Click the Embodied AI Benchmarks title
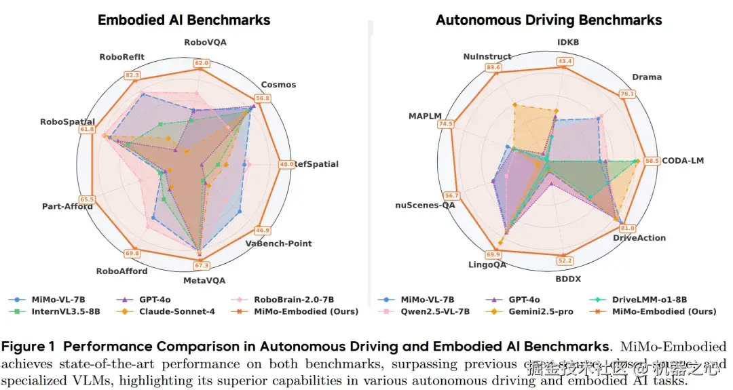click(x=184, y=20)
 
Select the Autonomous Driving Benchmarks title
click(x=548, y=20)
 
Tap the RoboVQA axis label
click(x=205, y=42)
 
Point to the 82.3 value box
click(x=132, y=75)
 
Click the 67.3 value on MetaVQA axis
click(x=202, y=265)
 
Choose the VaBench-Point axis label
click(x=278, y=243)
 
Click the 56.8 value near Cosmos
click(x=263, y=98)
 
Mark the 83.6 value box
click(x=493, y=67)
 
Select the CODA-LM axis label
click(x=683, y=161)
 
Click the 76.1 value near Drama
click(x=626, y=94)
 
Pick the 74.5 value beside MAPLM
click(x=446, y=123)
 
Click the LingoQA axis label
click(x=486, y=265)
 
